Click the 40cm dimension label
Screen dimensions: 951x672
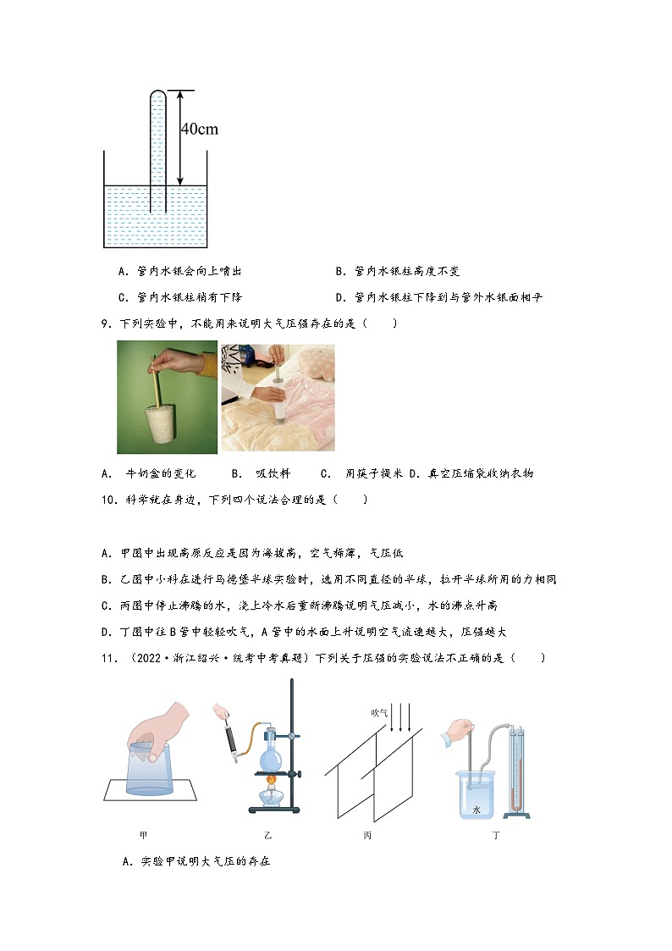[x=200, y=129]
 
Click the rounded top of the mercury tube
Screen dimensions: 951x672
[x=158, y=94]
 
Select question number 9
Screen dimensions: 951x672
[x=106, y=323]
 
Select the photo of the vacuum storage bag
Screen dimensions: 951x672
[x=278, y=397]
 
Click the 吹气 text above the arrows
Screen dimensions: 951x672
[x=379, y=713]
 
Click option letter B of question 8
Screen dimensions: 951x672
[x=339, y=272]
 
